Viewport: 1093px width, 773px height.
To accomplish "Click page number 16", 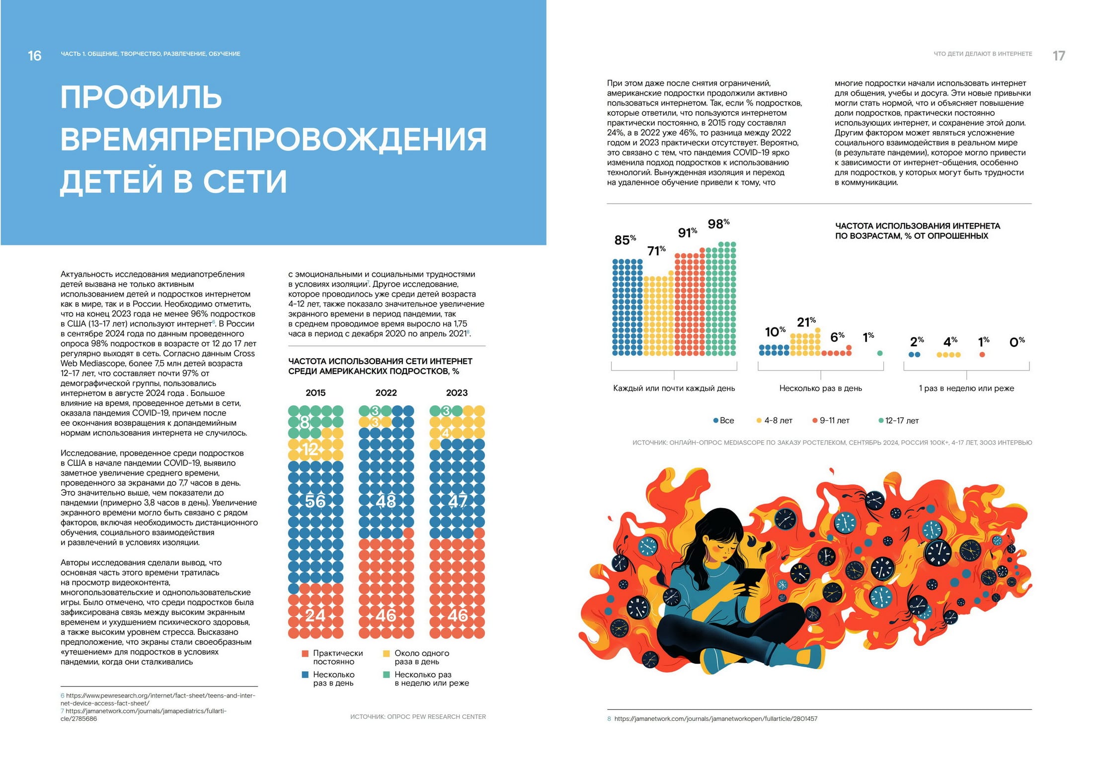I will (x=34, y=56).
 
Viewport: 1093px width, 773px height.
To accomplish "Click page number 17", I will (x=1059, y=56).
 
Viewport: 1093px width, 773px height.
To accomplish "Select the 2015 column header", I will (x=315, y=393).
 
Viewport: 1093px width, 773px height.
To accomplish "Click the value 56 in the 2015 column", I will (x=315, y=501).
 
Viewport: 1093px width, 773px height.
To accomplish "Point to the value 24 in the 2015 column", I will (x=315, y=616).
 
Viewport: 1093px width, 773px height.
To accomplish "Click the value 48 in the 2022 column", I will (x=386, y=501).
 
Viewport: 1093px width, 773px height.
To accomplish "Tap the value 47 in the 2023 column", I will (x=457, y=501).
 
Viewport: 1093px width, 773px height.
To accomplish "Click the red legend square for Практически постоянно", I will (x=305, y=654).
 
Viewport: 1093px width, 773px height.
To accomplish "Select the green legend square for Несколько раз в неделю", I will (x=387, y=675).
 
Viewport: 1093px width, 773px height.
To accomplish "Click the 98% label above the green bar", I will (x=718, y=225).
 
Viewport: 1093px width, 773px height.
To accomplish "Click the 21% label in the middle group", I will (x=806, y=322).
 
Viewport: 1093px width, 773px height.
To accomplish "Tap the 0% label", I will (x=1017, y=342).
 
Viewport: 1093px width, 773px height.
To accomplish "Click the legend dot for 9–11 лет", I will (x=815, y=421).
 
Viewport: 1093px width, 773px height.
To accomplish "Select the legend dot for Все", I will (x=716, y=421).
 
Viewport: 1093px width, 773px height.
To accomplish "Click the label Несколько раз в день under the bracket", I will (x=820, y=388).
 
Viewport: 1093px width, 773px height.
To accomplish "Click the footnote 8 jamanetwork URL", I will (x=715, y=719).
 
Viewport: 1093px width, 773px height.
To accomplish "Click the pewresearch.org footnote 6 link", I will (x=158, y=699).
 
